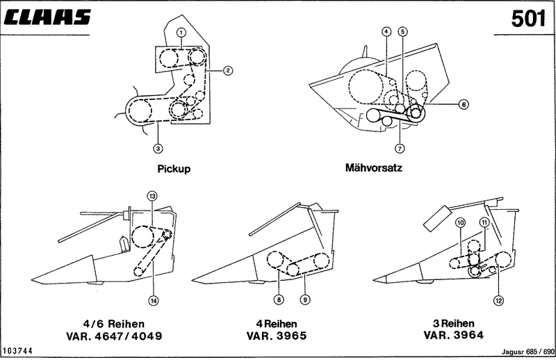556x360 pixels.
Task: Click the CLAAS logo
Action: coord(47,18)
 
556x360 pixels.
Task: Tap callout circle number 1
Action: coord(181,32)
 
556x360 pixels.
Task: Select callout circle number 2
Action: coord(227,70)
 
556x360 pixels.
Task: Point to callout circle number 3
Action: coord(159,147)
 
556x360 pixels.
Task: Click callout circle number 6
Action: coord(463,105)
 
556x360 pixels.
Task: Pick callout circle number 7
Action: coord(399,147)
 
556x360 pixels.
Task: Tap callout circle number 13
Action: coord(152,197)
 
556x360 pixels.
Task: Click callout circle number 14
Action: coord(152,300)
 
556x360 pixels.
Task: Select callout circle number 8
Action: coord(278,300)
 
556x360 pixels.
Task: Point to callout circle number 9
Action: coord(304,300)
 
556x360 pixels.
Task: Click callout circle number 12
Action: coord(498,300)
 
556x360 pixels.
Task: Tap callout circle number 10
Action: coord(459,222)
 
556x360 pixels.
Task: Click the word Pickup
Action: coord(174,168)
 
